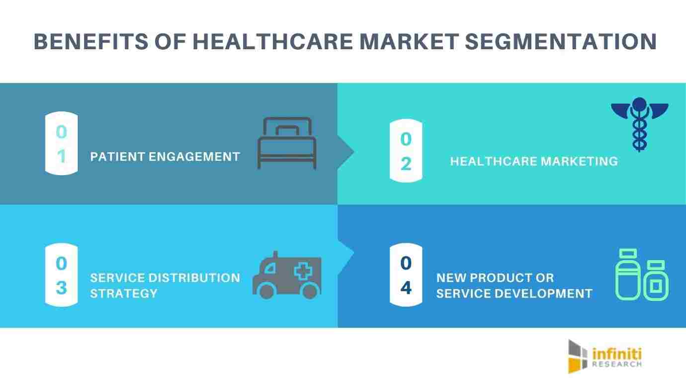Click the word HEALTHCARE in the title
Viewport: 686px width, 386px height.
click(x=273, y=42)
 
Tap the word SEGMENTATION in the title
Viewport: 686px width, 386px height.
click(x=561, y=42)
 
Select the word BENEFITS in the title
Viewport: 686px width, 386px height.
click(x=91, y=42)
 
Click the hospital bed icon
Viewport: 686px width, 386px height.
click(x=287, y=143)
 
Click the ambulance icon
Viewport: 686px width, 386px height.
click(x=287, y=276)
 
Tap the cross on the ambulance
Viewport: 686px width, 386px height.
click(x=303, y=271)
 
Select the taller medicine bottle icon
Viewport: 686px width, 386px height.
click(x=628, y=274)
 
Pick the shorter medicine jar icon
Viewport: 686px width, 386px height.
click(x=656, y=281)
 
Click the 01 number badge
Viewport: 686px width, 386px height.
click(x=62, y=143)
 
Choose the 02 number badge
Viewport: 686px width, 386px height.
click(x=406, y=151)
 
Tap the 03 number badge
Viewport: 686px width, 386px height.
click(x=62, y=275)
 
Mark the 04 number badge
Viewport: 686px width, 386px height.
click(x=406, y=275)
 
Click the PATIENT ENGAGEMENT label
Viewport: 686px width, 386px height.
click(x=165, y=157)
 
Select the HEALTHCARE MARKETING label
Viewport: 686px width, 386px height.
click(x=534, y=162)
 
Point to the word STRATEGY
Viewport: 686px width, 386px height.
click(x=124, y=293)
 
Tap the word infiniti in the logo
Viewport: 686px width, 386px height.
click(x=617, y=354)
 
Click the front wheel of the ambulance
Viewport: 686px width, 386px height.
click(x=266, y=291)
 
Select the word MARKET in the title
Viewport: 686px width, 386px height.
click(x=409, y=42)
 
